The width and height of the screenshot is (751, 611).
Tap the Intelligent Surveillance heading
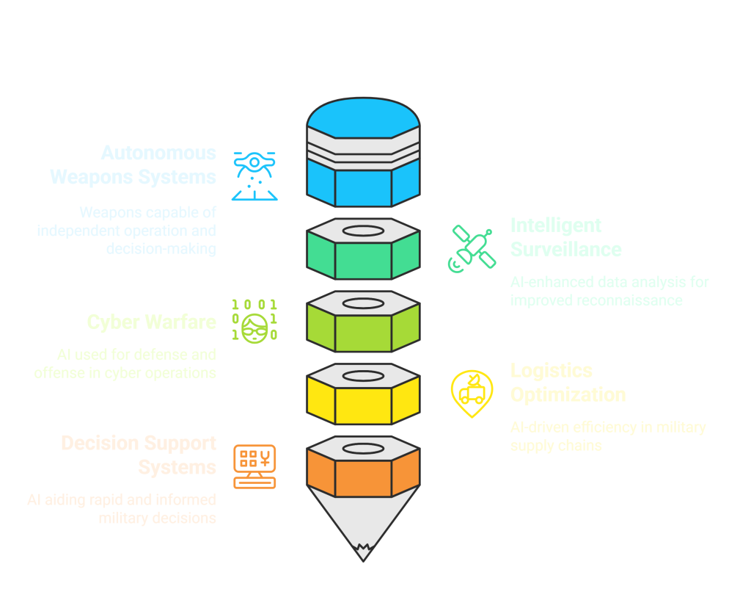(x=566, y=237)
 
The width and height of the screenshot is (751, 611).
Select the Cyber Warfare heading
(x=151, y=322)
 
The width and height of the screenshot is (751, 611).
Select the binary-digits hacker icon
(x=254, y=319)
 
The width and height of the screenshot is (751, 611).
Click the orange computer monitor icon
(x=254, y=466)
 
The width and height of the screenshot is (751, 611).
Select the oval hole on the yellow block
(x=363, y=376)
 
